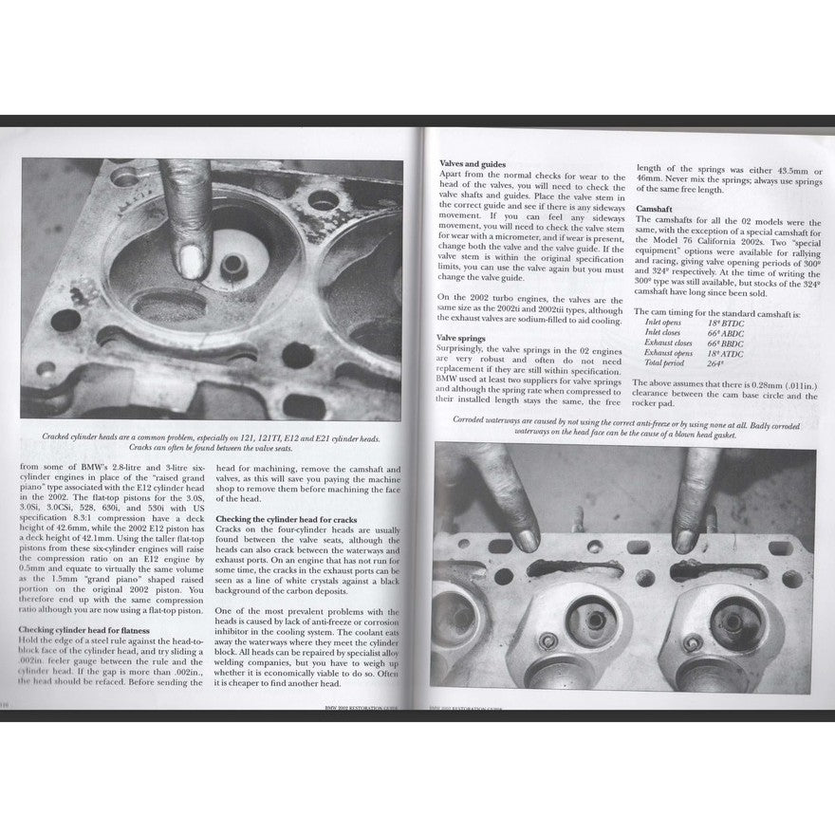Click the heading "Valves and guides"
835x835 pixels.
coord(473,164)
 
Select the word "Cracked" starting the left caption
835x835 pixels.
coord(60,437)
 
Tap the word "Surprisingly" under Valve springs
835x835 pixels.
coord(465,350)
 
